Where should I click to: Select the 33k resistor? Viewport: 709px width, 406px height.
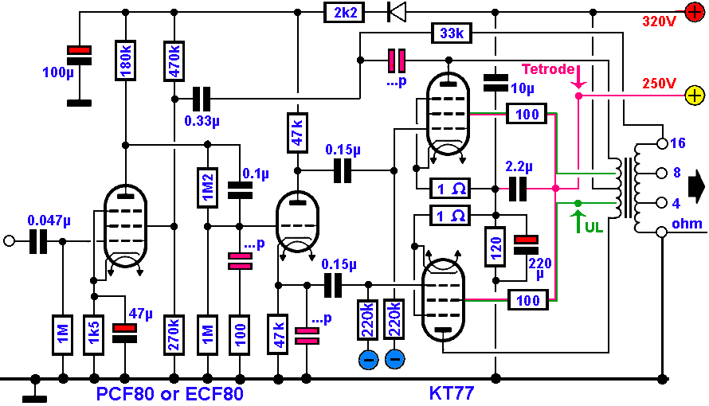tap(452, 33)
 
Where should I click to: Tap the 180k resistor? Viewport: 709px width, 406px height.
tap(126, 60)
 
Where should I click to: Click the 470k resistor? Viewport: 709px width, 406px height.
tap(174, 60)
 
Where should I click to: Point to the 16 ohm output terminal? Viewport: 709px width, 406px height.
tap(660, 143)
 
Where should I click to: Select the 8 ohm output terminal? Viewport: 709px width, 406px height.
tap(660, 173)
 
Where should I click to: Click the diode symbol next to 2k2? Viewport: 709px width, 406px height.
tap(395, 12)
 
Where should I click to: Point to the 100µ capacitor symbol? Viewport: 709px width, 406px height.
tap(78, 55)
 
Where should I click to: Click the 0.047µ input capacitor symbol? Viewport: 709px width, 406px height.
tap(38, 241)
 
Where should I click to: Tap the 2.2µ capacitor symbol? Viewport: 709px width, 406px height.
tap(519, 189)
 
